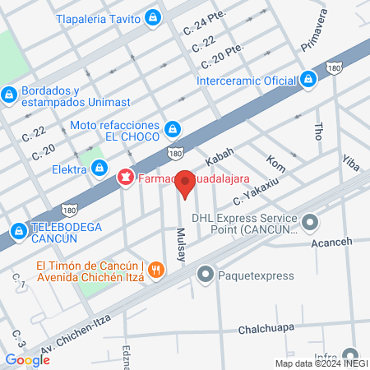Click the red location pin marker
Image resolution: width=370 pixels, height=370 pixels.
pos(186,183)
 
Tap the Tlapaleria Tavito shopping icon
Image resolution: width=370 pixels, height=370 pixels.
pos(153,16)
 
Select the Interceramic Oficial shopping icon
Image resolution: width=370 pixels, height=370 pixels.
pos(308,80)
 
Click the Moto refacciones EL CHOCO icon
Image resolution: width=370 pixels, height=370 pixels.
pos(173,128)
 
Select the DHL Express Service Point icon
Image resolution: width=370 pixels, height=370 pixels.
pos(310,221)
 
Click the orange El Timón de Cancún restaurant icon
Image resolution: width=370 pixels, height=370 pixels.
pos(160,270)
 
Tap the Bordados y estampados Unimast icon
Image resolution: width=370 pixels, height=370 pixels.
pos(9,95)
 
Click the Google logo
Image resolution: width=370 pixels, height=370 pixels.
pos(27,359)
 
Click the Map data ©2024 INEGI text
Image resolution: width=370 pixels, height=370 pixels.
pos(320,363)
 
